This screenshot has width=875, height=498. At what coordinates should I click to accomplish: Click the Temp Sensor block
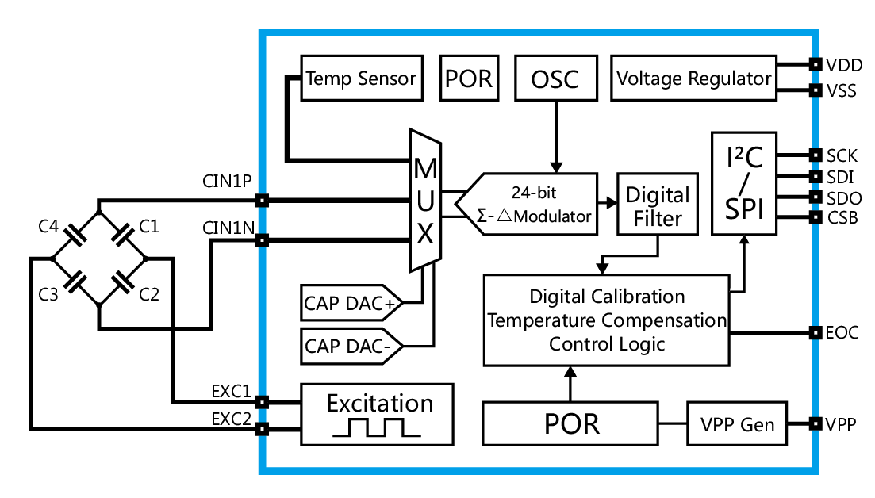[361, 78]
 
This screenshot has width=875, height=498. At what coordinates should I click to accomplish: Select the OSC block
[555, 78]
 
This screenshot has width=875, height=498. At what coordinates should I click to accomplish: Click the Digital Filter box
[657, 205]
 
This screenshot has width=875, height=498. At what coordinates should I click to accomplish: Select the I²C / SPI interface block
[743, 184]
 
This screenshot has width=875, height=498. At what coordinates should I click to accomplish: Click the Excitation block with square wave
[377, 414]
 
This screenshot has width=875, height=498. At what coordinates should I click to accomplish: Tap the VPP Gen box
[736, 424]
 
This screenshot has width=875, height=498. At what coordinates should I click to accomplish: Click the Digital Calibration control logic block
[607, 320]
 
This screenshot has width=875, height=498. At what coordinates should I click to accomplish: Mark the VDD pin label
[842, 65]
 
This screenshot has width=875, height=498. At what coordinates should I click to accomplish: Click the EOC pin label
[842, 333]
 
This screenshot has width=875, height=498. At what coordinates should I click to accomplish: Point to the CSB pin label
[842, 217]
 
